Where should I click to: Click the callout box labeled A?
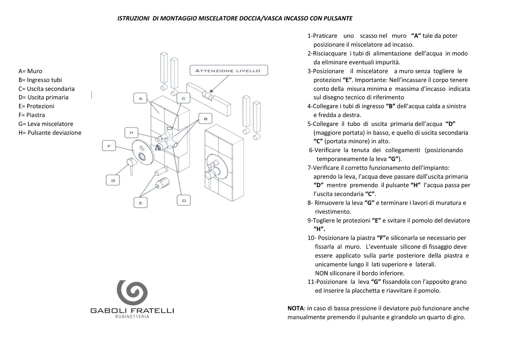tap(140, 99)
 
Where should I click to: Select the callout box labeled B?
tap(205, 119)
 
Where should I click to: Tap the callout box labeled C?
tap(184, 99)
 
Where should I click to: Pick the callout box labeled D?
tap(184, 201)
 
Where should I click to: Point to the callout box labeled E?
tap(140, 203)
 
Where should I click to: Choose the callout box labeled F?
tap(109, 146)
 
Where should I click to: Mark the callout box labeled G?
tap(113, 181)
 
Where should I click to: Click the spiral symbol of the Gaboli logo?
tap(132, 292)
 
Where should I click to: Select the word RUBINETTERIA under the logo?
tap(132, 317)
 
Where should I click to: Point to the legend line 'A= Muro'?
tap(30, 71)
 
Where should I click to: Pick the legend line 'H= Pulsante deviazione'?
tap(50, 133)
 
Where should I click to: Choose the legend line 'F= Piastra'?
tap(32, 115)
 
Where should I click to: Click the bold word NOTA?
tap(295, 309)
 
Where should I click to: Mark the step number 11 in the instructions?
tap(310, 282)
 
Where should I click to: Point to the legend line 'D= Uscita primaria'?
tap(44, 97)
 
